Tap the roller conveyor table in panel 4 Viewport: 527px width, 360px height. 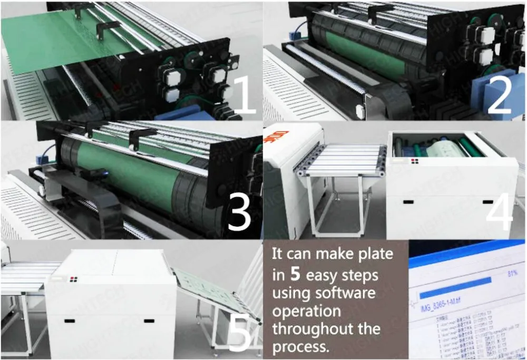click(340, 158)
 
